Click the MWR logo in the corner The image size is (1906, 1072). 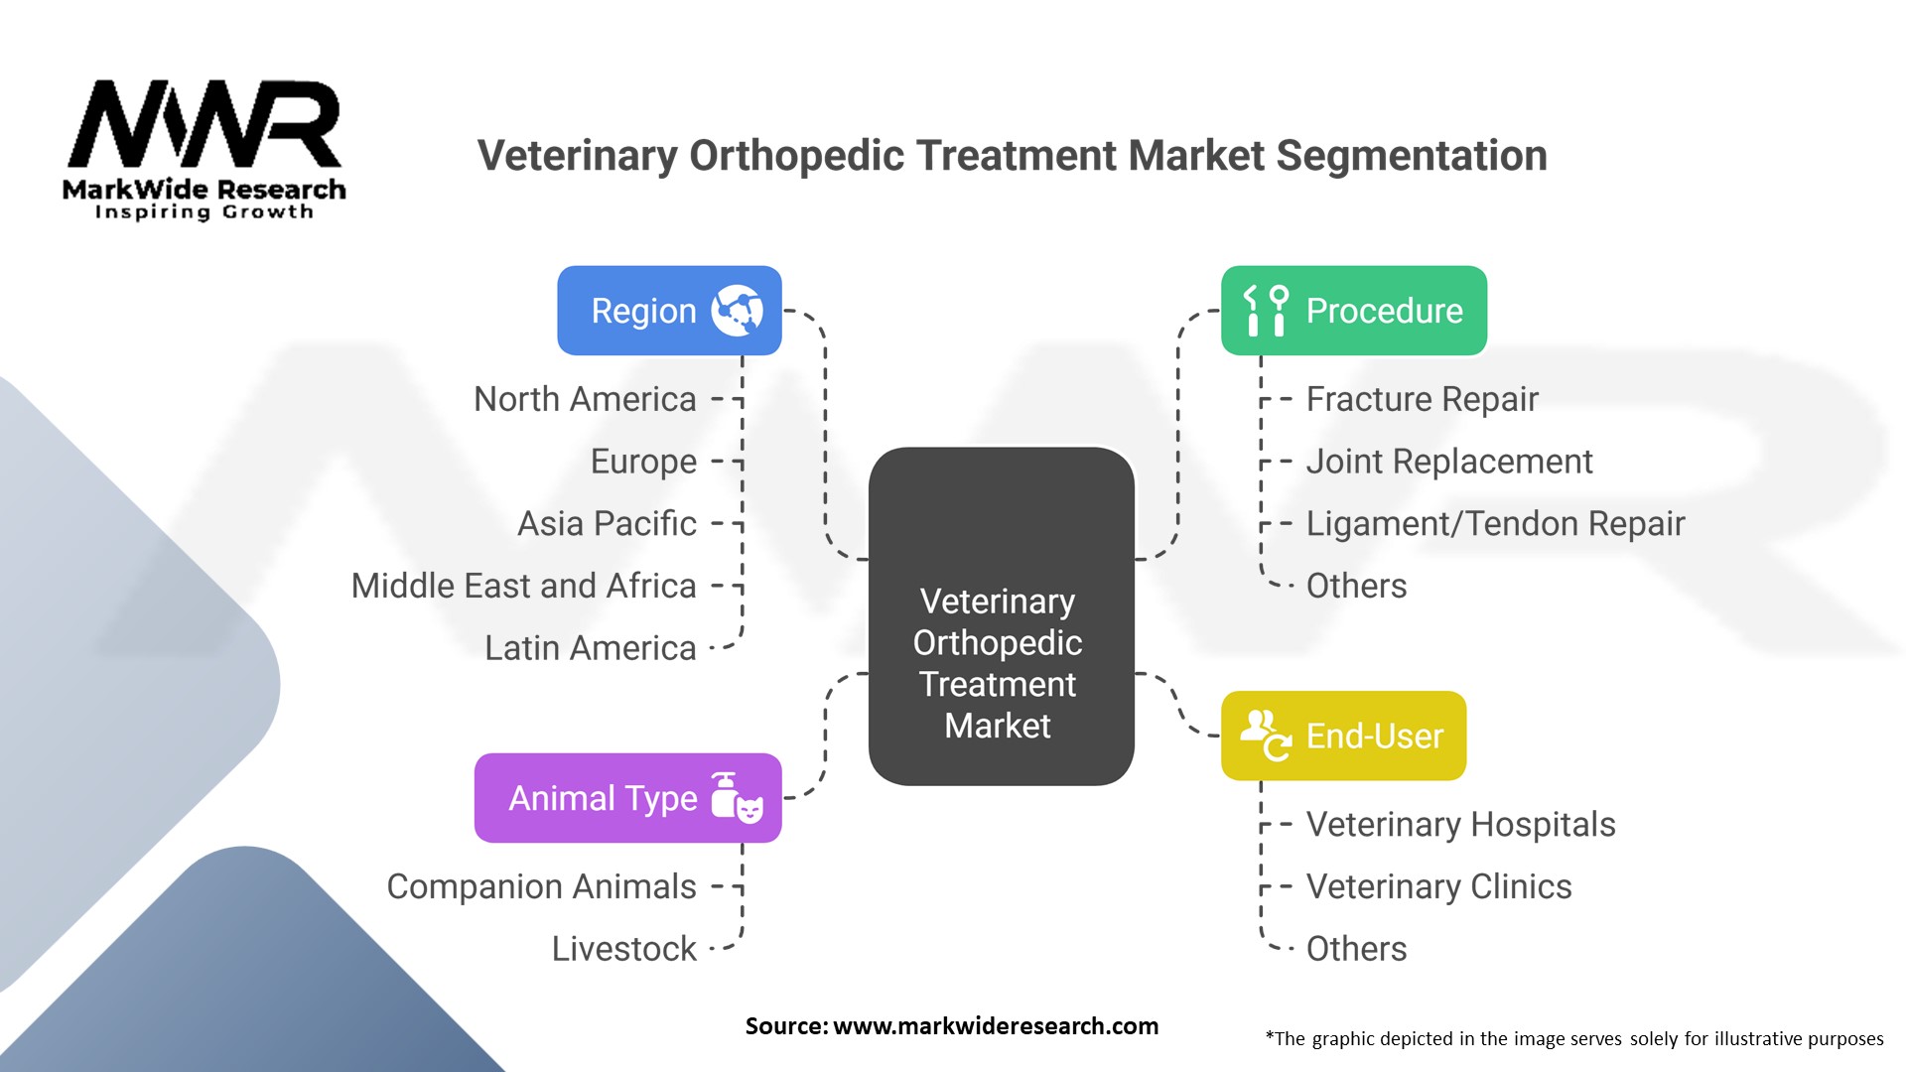tap(204, 149)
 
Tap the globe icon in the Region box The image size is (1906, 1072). tap(737, 311)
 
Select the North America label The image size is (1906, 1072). tap(585, 399)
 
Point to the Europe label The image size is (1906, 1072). tap(643, 462)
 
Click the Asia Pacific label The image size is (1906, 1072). tap(607, 523)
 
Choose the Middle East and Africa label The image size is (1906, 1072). tap(523, 586)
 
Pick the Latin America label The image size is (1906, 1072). tap(590, 648)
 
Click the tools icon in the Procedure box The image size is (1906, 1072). tap(1266, 311)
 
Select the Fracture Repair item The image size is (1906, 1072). tap(1422, 399)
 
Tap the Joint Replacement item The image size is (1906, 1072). tap(1448, 462)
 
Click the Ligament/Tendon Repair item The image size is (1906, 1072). tap(1495, 523)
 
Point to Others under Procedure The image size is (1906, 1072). tap(1356, 586)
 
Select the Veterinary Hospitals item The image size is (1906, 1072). tap(1460, 824)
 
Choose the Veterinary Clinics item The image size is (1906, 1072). tap(1438, 886)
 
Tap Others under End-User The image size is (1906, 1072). tap(1356, 949)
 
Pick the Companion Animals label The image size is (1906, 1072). tap(541, 886)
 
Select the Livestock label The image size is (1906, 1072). tap(623, 949)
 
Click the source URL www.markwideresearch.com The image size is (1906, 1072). tap(995, 1026)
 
